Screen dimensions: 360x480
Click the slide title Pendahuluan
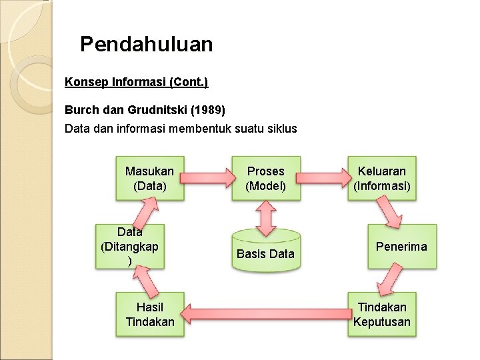[x=147, y=45]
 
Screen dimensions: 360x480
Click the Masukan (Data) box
[x=149, y=179]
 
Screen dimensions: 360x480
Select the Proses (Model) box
[x=265, y=179]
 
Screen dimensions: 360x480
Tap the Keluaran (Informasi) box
[x=383, y=179]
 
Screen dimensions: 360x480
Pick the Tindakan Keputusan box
[x=383, y=315]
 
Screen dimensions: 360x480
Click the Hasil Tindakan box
[x=149, y=315]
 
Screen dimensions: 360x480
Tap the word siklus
[x=281, y=128]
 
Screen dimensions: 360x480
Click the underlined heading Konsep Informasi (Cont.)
[x=136, y=83]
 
